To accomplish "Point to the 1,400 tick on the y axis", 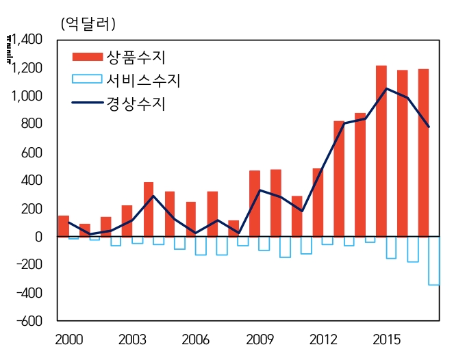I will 26,40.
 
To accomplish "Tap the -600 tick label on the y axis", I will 28,321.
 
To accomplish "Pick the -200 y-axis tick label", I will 28,265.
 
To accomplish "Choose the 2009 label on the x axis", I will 260,340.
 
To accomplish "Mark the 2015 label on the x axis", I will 388,340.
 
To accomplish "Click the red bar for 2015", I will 381,151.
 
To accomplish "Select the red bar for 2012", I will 317,202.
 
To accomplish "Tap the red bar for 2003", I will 127,220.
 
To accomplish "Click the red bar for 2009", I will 254,203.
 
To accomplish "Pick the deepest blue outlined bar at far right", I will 434,261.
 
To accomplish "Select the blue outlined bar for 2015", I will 392,247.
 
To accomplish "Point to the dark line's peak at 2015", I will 387,88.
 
